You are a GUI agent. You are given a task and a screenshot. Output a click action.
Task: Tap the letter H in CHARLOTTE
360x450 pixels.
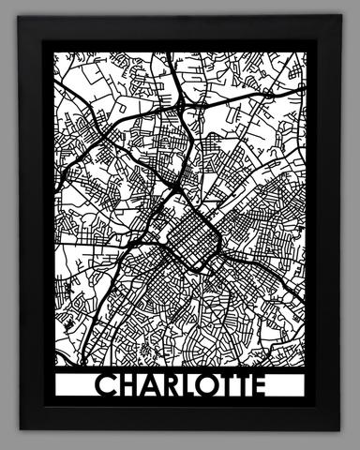(x=129, y=386)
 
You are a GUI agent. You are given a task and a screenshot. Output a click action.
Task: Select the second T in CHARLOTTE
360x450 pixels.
(x=249, y=386)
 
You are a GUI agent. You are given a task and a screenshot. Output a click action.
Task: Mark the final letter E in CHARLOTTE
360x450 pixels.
(x=265, y=386)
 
